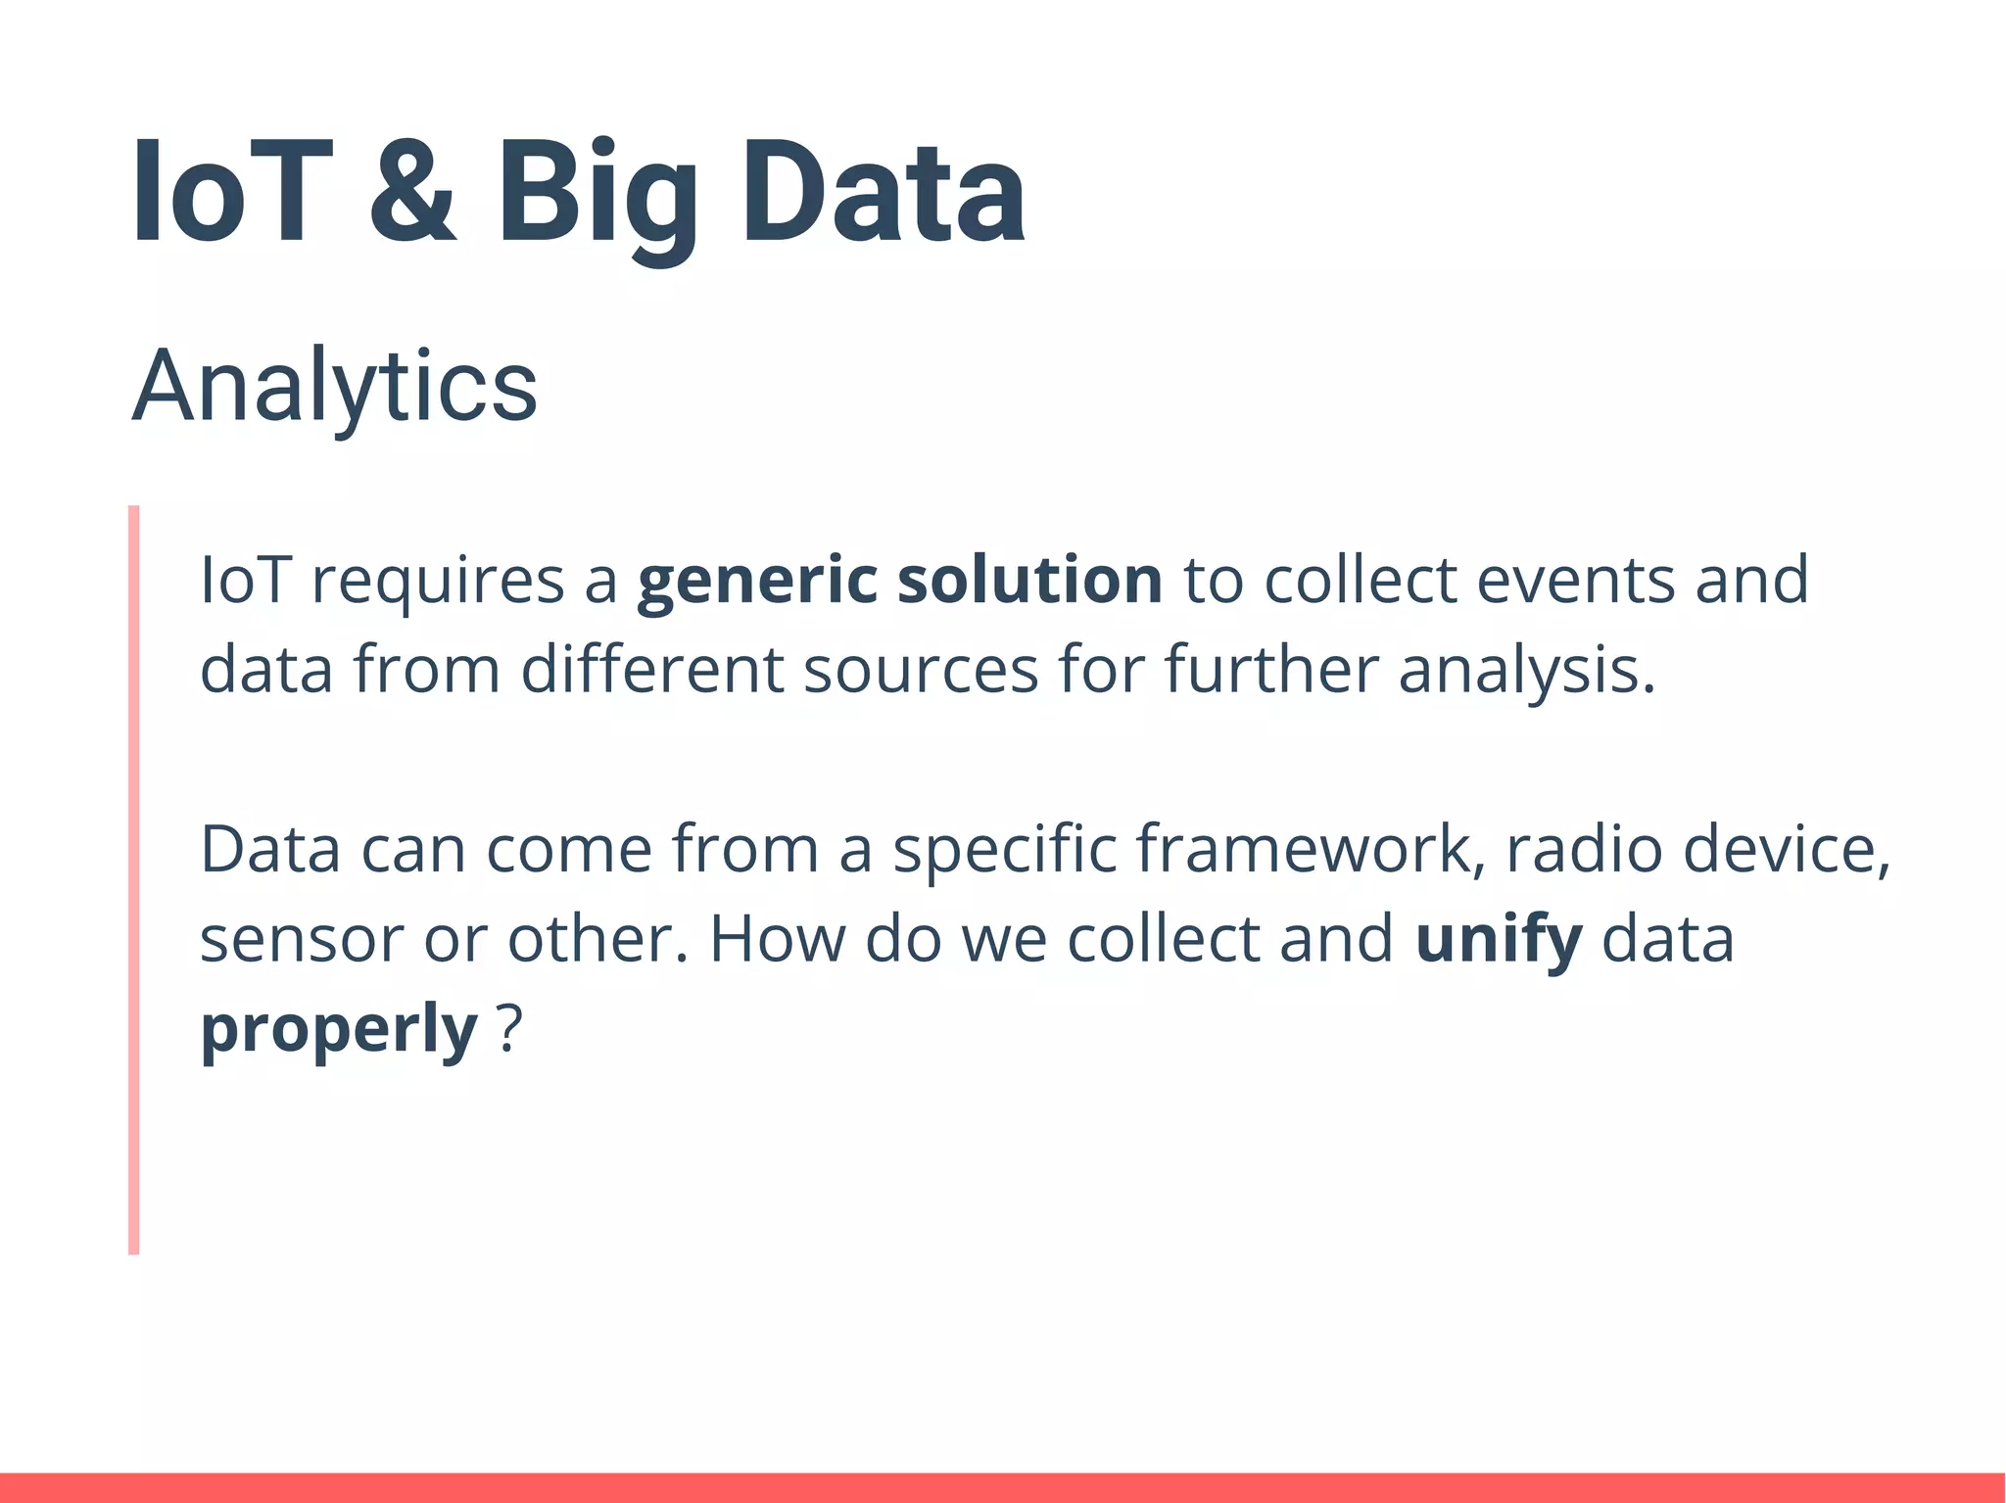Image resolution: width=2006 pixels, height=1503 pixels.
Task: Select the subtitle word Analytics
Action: click(x=334, y=387)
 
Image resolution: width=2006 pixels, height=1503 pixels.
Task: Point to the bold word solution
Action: click(x=1029, y=580)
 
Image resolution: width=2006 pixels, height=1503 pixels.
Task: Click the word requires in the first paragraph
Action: click(x=438, y=582)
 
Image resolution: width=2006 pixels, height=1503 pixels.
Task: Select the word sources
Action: click(x=921, y=672)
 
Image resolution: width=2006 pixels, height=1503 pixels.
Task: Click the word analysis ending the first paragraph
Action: click(x=1526, y=672)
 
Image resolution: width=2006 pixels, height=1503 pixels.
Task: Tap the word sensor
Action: click(x=302, y=940)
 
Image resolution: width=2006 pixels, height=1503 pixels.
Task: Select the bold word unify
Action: click(x=1499, y=940)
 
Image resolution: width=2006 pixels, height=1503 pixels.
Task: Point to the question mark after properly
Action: click(x=509, y=1030)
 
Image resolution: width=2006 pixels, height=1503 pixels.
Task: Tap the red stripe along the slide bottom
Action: click(x=1003, y=1487)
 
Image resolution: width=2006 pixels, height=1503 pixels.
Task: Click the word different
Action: click(x=651, y=672)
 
